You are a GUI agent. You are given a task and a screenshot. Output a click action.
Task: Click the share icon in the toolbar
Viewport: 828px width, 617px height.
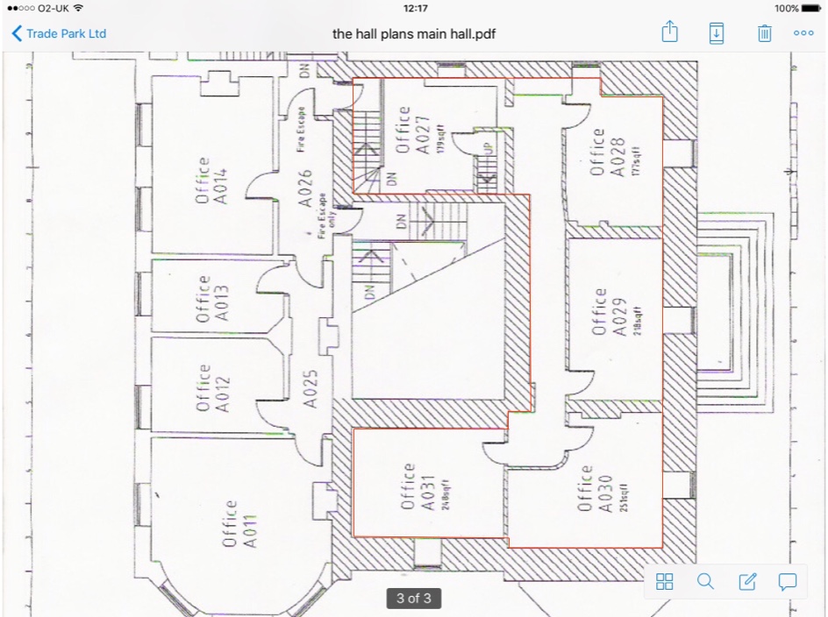(670, 33)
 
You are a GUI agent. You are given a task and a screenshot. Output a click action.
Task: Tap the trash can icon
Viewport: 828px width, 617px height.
(764, 33)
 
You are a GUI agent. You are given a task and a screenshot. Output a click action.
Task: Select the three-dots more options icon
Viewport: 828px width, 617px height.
(803, 33)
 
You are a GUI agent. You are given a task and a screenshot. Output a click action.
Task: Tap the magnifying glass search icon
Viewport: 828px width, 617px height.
(705, 581)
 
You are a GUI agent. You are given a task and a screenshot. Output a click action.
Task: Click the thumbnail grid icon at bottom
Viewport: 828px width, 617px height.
(665, 581)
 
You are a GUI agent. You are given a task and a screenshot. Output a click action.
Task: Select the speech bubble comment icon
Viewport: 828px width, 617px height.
(788, 581)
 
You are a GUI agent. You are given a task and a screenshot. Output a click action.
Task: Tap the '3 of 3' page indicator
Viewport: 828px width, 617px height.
(413, 599)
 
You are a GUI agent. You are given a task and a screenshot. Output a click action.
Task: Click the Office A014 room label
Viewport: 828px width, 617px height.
(211, 181)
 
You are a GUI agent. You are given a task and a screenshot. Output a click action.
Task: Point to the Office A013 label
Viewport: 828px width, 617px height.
(211, 299)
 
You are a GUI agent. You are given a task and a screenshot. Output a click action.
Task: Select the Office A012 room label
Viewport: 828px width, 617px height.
(211, 388)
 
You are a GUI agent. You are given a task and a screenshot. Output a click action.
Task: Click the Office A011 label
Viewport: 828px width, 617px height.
(239, 524)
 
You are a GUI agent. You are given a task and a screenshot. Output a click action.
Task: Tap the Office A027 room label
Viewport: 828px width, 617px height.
(411, 131)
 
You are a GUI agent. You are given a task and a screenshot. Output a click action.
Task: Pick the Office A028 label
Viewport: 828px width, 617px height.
(606, 153)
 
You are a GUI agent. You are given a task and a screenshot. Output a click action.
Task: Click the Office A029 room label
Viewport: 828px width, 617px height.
(608, 312)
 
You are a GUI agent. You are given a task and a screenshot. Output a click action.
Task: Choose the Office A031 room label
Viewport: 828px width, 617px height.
(417, 487)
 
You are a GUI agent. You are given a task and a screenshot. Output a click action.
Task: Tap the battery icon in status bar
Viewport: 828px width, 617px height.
(810, 8)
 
